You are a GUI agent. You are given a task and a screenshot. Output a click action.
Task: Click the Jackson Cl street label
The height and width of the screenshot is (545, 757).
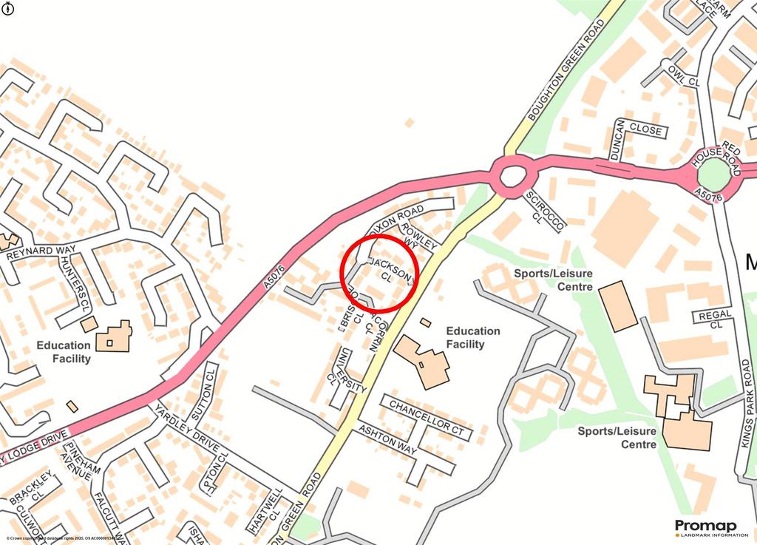(x=390, y=270)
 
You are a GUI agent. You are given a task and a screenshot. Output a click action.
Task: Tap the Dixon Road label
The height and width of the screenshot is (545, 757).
(x=400, y=220)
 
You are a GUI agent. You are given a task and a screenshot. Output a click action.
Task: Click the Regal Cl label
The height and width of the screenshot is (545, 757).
(x=715, y=319)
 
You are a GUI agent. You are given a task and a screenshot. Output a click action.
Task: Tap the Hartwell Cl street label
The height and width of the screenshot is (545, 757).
(x=265, y=511)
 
